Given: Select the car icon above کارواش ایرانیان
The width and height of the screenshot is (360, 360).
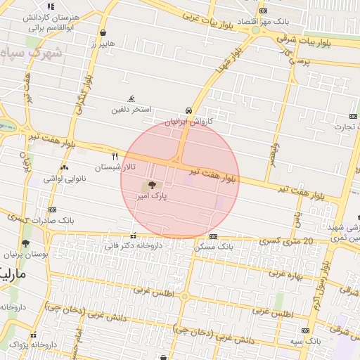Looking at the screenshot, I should pos(188,111).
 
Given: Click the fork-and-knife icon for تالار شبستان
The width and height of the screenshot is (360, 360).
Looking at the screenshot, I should pos(115,156).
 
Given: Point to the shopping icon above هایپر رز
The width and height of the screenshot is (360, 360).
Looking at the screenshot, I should pos(103,32).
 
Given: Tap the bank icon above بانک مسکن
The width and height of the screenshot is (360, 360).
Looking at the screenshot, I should pos(214,237).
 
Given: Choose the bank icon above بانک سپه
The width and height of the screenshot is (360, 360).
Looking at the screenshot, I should pos(304,330).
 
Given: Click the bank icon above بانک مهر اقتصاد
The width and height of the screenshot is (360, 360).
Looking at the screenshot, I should pos(263,11).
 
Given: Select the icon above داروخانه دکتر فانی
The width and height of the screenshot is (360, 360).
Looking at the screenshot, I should pos(133,236).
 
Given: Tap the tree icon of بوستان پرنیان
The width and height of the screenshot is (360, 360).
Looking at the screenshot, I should pos(26,243).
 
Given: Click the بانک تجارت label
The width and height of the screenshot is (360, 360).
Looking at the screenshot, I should pos(344,127).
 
